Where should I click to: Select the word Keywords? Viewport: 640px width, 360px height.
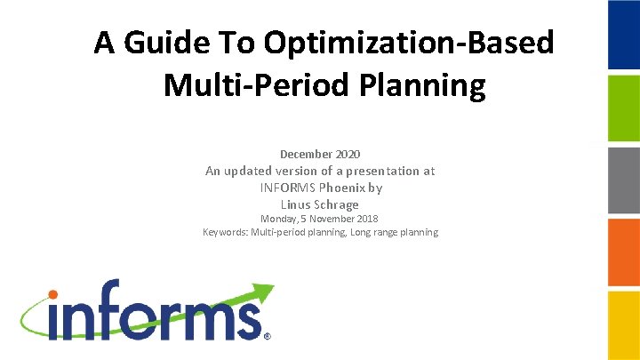coord(225,233)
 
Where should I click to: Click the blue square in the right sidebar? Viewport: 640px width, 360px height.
coord(623,36)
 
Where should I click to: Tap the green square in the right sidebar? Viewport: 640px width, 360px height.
coord(623,108)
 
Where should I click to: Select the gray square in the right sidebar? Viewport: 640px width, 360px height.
coord(623,180)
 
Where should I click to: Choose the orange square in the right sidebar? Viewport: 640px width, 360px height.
coord(623,252)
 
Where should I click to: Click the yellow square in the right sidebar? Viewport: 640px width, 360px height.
coord(623,324)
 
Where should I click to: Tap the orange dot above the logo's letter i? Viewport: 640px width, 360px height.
coord(52,294)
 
